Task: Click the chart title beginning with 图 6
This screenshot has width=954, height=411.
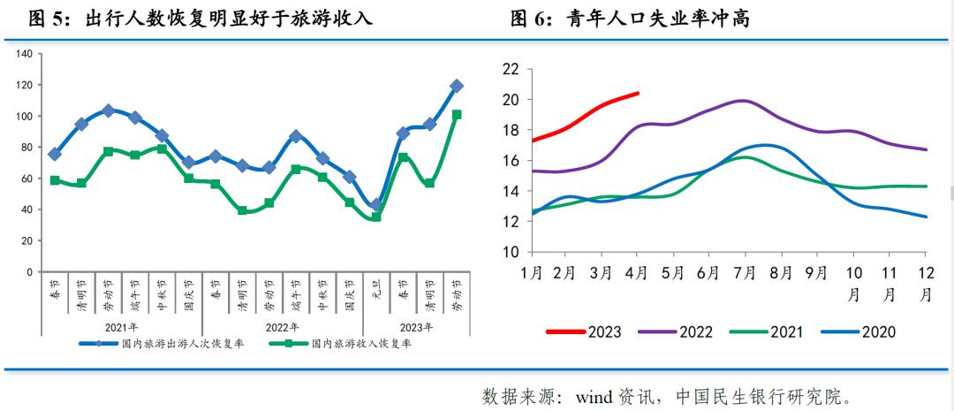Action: [630, 19]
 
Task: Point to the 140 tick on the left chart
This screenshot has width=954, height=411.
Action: [25, 54]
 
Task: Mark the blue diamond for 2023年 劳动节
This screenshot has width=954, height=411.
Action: [457, 86]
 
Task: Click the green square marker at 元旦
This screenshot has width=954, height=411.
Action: [375, 217]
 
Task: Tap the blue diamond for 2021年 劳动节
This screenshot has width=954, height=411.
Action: [108, 110]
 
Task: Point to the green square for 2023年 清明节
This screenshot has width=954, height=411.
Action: [430, 183]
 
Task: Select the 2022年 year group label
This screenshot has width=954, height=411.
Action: [282, 326]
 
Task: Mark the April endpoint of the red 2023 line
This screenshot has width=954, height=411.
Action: [638, 93]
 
